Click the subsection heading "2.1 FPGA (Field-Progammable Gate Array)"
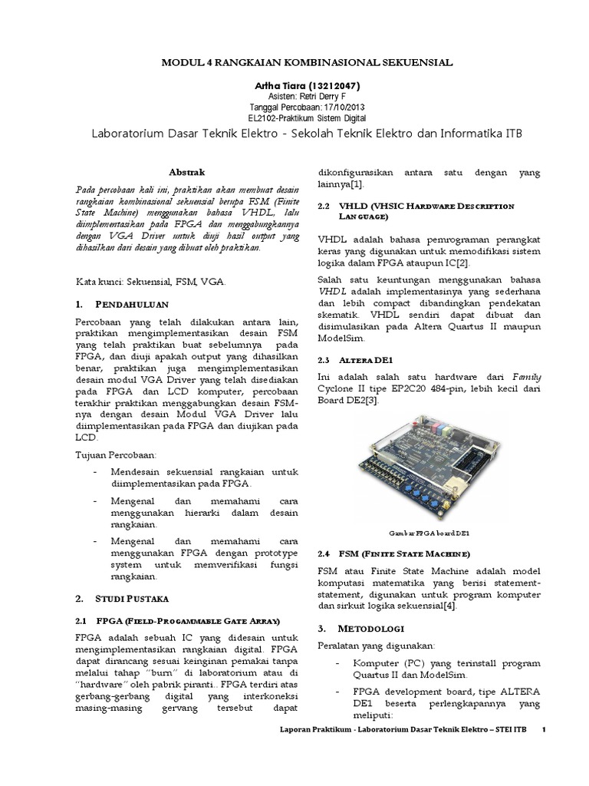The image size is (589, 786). point(177,619)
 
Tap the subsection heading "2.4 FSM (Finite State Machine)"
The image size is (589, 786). point(393,553)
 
